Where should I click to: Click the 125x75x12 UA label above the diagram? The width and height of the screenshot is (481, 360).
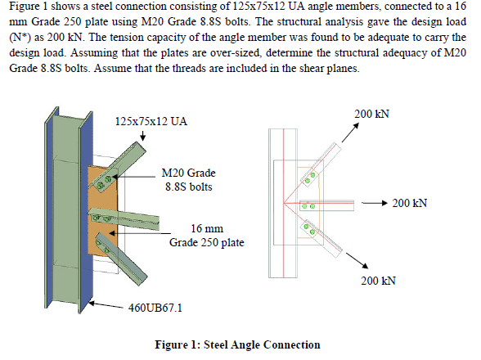(151, 121)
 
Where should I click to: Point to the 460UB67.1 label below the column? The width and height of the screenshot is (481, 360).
(155, 307)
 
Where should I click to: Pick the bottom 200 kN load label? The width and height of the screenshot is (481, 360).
(378, 281)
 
